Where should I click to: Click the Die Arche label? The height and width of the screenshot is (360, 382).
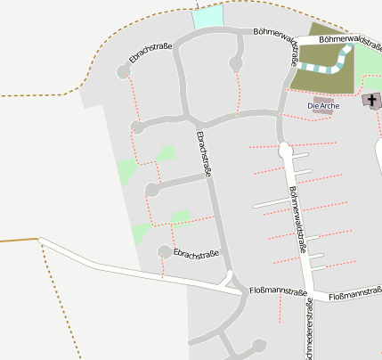pos(324,107)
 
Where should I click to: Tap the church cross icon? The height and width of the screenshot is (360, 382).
pos(370,100)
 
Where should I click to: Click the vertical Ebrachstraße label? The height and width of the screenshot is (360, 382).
pos(204,153)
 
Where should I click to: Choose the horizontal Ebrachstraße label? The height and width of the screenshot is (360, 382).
pos(196,253)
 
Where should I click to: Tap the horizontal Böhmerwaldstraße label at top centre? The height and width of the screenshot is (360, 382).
pos(280,33)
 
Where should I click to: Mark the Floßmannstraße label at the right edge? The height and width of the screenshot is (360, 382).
pos(354,295)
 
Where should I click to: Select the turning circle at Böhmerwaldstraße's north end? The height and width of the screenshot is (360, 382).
pos(285,151)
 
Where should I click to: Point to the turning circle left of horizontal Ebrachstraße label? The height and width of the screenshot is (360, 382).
pos(164,252)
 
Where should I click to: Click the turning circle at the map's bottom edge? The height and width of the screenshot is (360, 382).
pos(259,345)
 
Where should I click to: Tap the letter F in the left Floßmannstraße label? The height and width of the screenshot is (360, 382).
pos(252,291)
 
